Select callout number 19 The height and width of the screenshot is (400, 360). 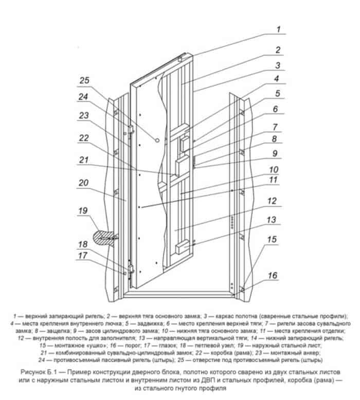point(83,210)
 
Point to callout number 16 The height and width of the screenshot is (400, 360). point(273,276)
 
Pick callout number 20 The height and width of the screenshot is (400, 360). point(83,183)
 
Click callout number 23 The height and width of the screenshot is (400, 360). point(83,116)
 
